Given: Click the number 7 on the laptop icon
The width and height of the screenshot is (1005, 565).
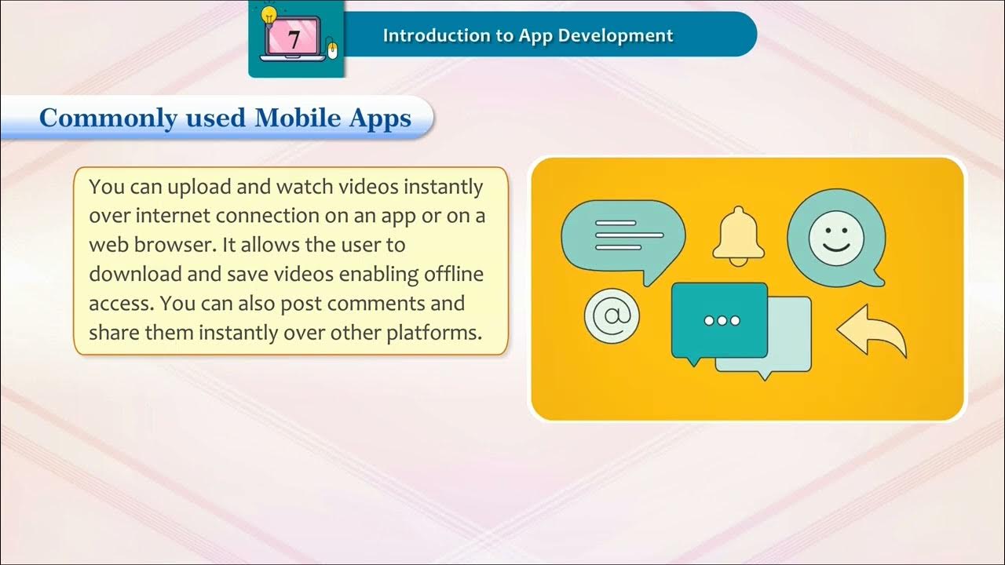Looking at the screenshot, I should point(294,40).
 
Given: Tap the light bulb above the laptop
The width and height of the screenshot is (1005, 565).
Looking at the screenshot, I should point(269,15).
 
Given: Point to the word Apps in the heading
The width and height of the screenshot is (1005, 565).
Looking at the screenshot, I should point(382,118).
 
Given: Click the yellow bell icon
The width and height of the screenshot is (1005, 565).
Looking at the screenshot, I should point(738,234).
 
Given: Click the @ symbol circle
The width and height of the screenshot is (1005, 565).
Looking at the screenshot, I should point(612,316).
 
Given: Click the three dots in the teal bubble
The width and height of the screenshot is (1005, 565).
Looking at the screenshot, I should point(722,320).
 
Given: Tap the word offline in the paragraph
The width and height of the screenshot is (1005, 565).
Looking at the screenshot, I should point(455,274).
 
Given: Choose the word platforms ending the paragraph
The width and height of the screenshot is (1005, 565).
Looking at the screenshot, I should point(433,332).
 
